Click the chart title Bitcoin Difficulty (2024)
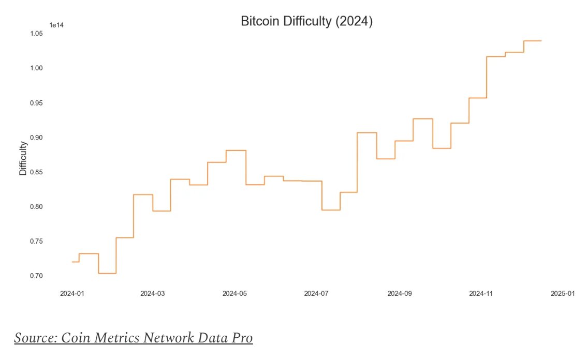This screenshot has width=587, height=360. (x=306, y=22)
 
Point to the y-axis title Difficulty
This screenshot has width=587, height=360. (x=23, y=158)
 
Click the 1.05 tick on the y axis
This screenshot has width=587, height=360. (x=36, y=34)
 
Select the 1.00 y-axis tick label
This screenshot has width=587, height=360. (x=36, y=68)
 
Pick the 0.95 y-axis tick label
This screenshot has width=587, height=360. (x=36, y=103)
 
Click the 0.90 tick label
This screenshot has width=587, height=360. (x=36, y=138)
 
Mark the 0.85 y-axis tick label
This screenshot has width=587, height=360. (x=36, y=172)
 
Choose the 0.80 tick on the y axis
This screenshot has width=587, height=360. (x=36, y=207)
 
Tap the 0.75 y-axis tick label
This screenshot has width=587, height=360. (x=36, y=242)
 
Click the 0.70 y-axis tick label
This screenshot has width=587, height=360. (x=36, y=276)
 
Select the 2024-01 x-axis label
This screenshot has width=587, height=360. (x=71, y=294)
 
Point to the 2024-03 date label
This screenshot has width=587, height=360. (x=153, y=294)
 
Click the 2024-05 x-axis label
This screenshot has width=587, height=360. (x=234, y=294)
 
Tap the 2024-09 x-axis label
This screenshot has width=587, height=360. (x=399, y=294)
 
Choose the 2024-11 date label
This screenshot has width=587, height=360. (x=481, y=294)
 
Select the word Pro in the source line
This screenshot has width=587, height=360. (x=242, y=338)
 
